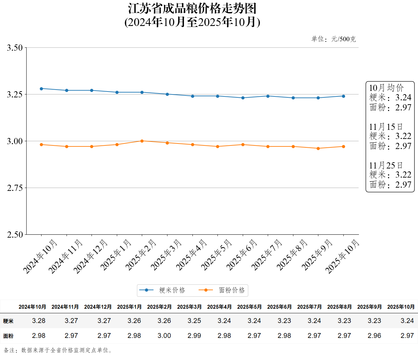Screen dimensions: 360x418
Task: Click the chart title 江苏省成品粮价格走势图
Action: click(192, 9)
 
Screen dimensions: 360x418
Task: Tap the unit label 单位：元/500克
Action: click(334, 39)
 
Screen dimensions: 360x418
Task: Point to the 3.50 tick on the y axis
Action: click(15, 48)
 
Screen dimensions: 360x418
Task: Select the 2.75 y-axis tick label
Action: click(15, 188)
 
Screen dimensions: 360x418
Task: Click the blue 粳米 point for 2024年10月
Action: click(41, 89)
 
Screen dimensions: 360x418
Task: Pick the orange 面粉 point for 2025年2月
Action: click(142, 141)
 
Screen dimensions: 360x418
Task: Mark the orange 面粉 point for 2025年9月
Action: click(318, 148)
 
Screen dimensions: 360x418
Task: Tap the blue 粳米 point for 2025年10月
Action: click(343, 96)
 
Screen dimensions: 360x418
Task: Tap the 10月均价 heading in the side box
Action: click(386, 88)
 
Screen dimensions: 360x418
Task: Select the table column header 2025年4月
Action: click(219, 307)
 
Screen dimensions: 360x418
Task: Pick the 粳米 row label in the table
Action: click(8, 321)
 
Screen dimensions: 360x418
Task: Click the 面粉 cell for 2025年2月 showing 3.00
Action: click(164, 336)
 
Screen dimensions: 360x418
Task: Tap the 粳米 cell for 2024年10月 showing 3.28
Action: click(39, 321)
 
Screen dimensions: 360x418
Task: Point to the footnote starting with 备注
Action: click(58, 350)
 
